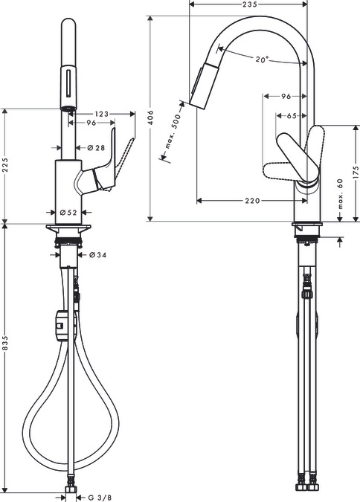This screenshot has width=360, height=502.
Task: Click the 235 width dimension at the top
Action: [250, 4]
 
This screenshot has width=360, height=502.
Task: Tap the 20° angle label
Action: [260, 59]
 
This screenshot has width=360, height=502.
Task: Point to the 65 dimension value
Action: [291, 116]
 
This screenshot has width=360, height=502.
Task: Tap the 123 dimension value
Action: [103, 113]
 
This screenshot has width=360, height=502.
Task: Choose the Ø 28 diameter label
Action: [94, 148]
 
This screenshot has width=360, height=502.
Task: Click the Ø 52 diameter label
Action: [69, 212]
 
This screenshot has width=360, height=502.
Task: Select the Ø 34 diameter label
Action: [97, 255]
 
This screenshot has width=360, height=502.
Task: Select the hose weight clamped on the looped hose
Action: [65, 324]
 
